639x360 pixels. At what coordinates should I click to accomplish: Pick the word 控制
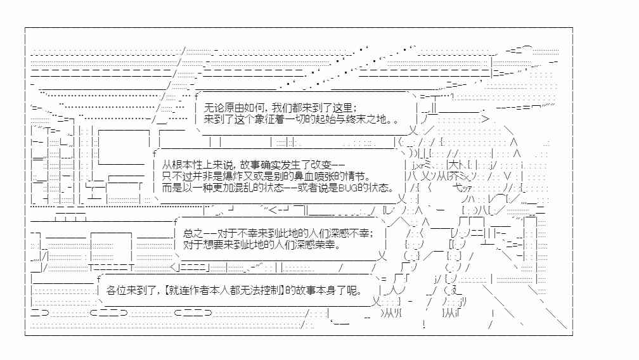269,291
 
